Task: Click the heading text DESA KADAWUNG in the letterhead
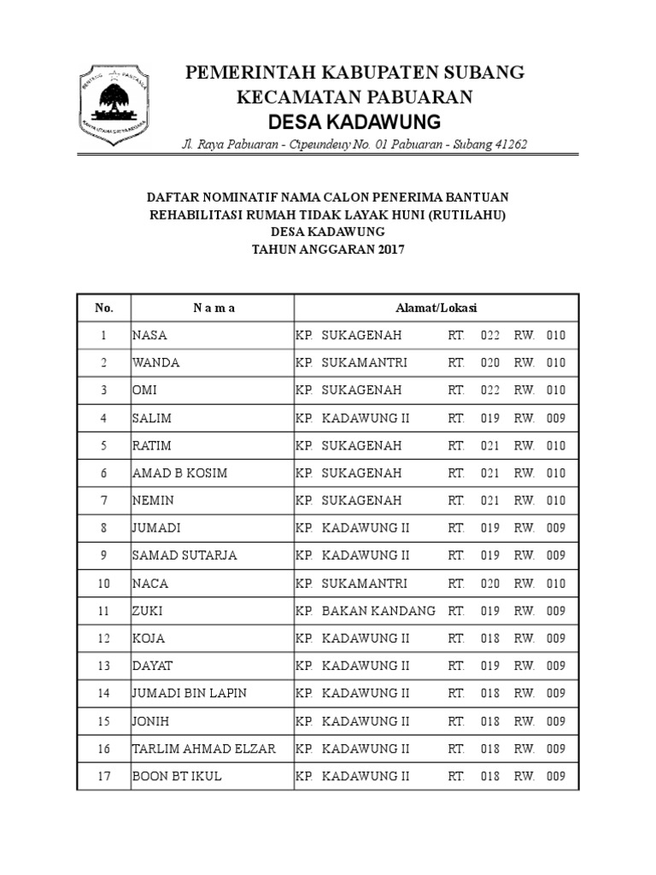click(354, 120)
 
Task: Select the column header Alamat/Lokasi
click(436, 308)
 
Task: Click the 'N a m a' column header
click(212, 308)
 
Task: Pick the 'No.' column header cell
click(103, 308)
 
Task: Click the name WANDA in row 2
click(155, 362)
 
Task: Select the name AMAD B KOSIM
click(179, 473)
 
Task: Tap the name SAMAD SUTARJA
click(184, 555)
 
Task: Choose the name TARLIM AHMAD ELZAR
click(203, 749)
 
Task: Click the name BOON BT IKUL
click(176, 776)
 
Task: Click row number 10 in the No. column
click(103, 584)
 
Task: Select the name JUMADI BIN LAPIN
click(189, 693)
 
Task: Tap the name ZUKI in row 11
click(147, 611)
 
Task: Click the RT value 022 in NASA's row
click(489, 335)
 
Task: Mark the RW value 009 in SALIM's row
click(555, 418)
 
